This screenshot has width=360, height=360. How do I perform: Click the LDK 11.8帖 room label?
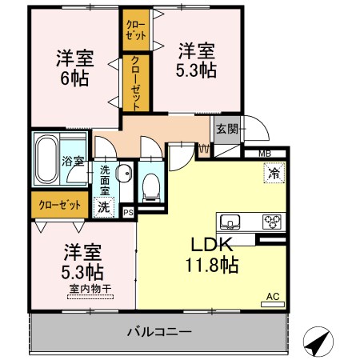pyautogui.click(x=212, y=254)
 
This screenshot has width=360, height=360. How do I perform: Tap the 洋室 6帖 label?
pyautogui.click(x=75, y=68)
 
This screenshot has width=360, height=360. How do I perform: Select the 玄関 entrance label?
pyautogui.click(x=226, y=129)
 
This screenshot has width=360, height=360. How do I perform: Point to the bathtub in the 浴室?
pyautogui.click(x=46, y=159)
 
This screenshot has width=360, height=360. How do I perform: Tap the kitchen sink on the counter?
pyautogui.click(x=230, y=222)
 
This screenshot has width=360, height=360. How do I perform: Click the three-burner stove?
pyautogui.click(x=272, y=222)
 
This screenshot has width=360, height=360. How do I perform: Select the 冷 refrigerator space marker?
pyautogui.click(x=274, y=173)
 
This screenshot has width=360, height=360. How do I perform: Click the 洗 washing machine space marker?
pyautogui.click(x=103, y=207)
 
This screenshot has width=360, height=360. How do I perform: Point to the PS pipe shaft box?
pyautogui.click(x=129, y=213)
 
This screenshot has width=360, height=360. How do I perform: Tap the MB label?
pyautogui.click(x=265, y=154)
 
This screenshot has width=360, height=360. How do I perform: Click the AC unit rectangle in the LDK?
pyautogui.click(x=273, y=304)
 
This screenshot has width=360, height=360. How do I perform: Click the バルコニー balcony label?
pyautogui.click(x=159, y=332)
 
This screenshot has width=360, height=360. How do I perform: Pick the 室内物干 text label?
pyautogui.click(x=90, y=289)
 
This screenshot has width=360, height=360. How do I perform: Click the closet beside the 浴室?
pyautogui.click(x=60, y=205)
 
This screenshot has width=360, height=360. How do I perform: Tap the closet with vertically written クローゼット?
pyautogui.click(x=136, y=83)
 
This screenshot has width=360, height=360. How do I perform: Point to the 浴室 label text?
pyautogui.click(x=73, y=161)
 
